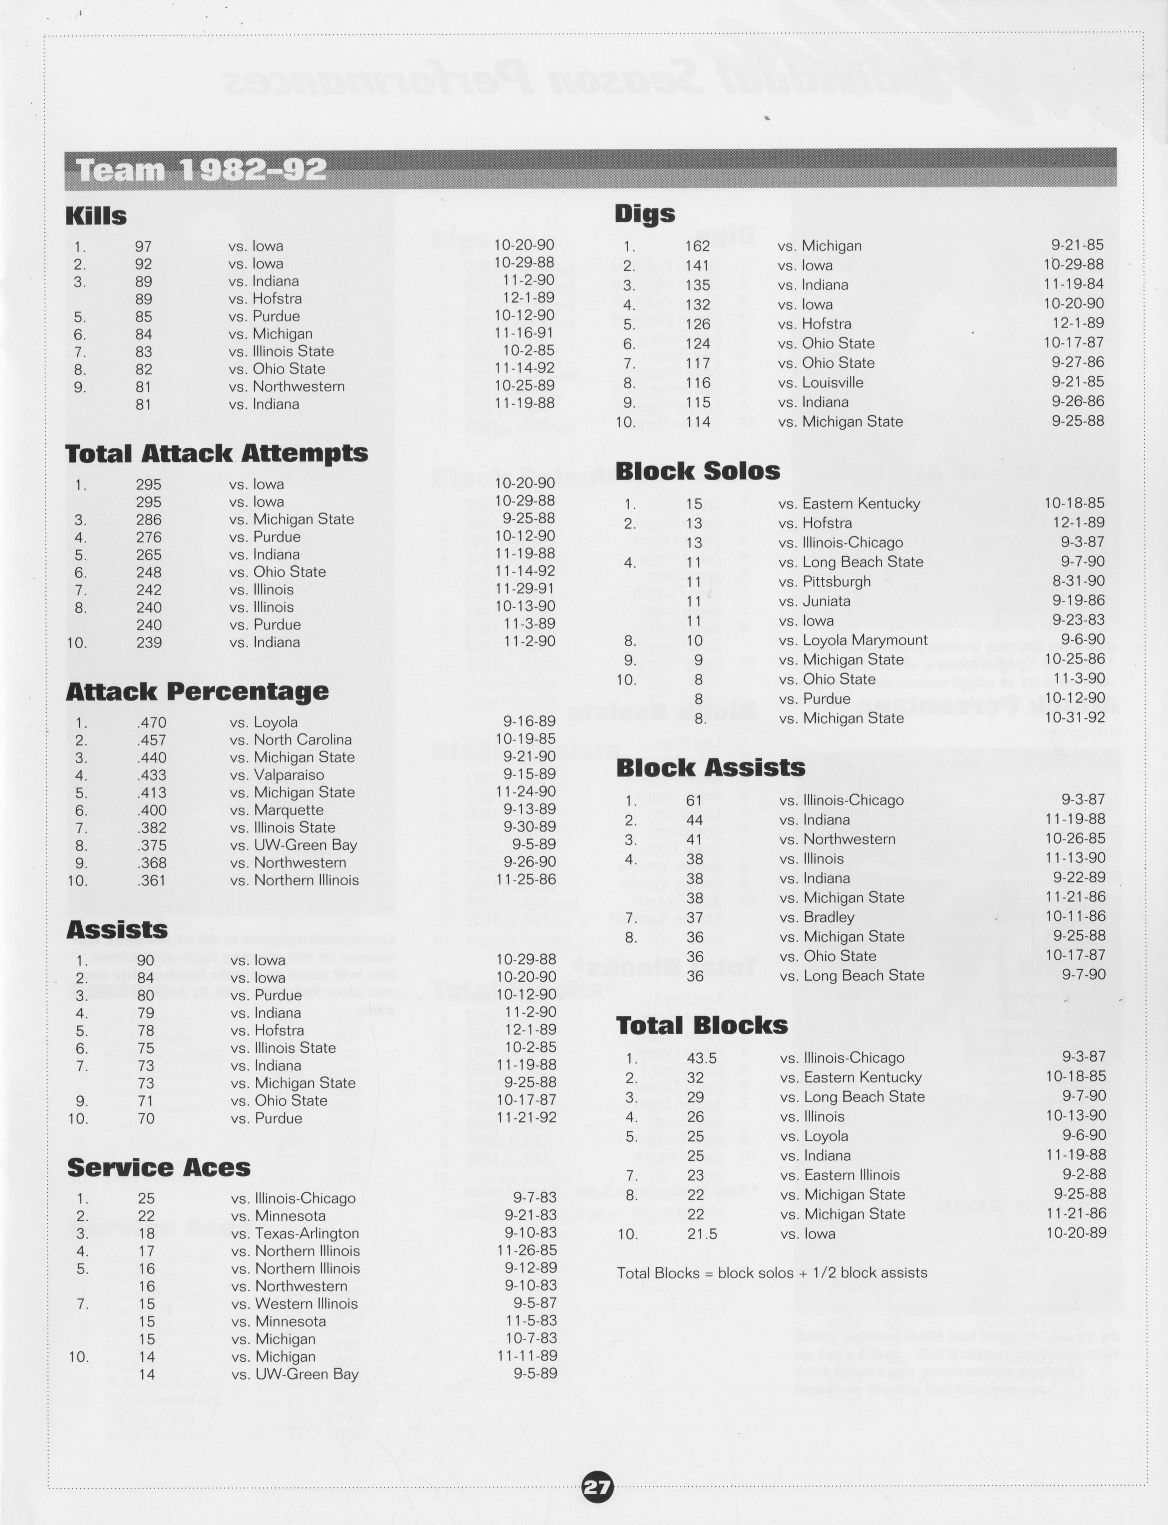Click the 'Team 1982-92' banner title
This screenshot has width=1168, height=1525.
201,170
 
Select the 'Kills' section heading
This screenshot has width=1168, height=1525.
96,216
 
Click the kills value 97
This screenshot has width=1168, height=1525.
143,246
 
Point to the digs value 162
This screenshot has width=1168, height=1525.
697,246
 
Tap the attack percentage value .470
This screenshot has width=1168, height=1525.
152,722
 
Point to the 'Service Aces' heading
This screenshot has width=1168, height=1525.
159,1167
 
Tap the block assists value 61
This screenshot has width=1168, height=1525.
694,800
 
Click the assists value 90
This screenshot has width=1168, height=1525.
145,960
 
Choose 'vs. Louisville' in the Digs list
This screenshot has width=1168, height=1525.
820,382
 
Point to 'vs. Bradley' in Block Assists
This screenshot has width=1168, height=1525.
816,917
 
